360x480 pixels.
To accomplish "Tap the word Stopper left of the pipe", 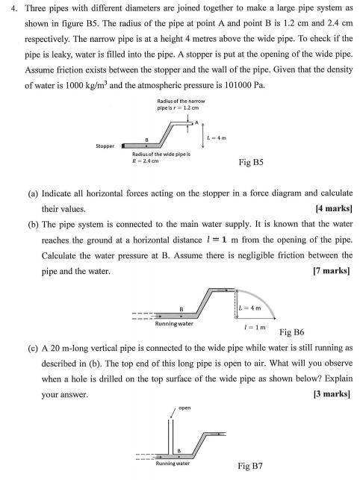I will coord(105,146).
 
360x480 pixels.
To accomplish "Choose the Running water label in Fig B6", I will coord(173,324).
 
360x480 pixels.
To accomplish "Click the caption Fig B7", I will coord(251,467).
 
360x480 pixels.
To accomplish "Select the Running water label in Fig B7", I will coord(173,464).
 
